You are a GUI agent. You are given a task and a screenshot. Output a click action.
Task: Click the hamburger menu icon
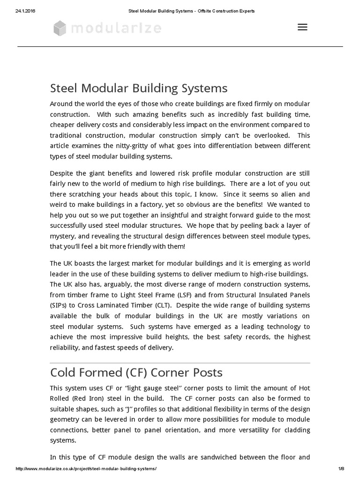click(302, 27)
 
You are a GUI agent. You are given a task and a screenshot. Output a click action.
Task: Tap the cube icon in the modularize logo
click(60, 29)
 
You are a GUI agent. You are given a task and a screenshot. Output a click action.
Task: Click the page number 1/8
click(341, 469)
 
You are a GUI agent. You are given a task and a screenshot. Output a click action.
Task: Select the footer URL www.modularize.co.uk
click(86, 469)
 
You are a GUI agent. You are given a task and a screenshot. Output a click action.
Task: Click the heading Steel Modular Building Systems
click(139, 88)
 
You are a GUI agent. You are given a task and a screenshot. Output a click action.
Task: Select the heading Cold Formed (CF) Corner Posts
click(136, 372)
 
